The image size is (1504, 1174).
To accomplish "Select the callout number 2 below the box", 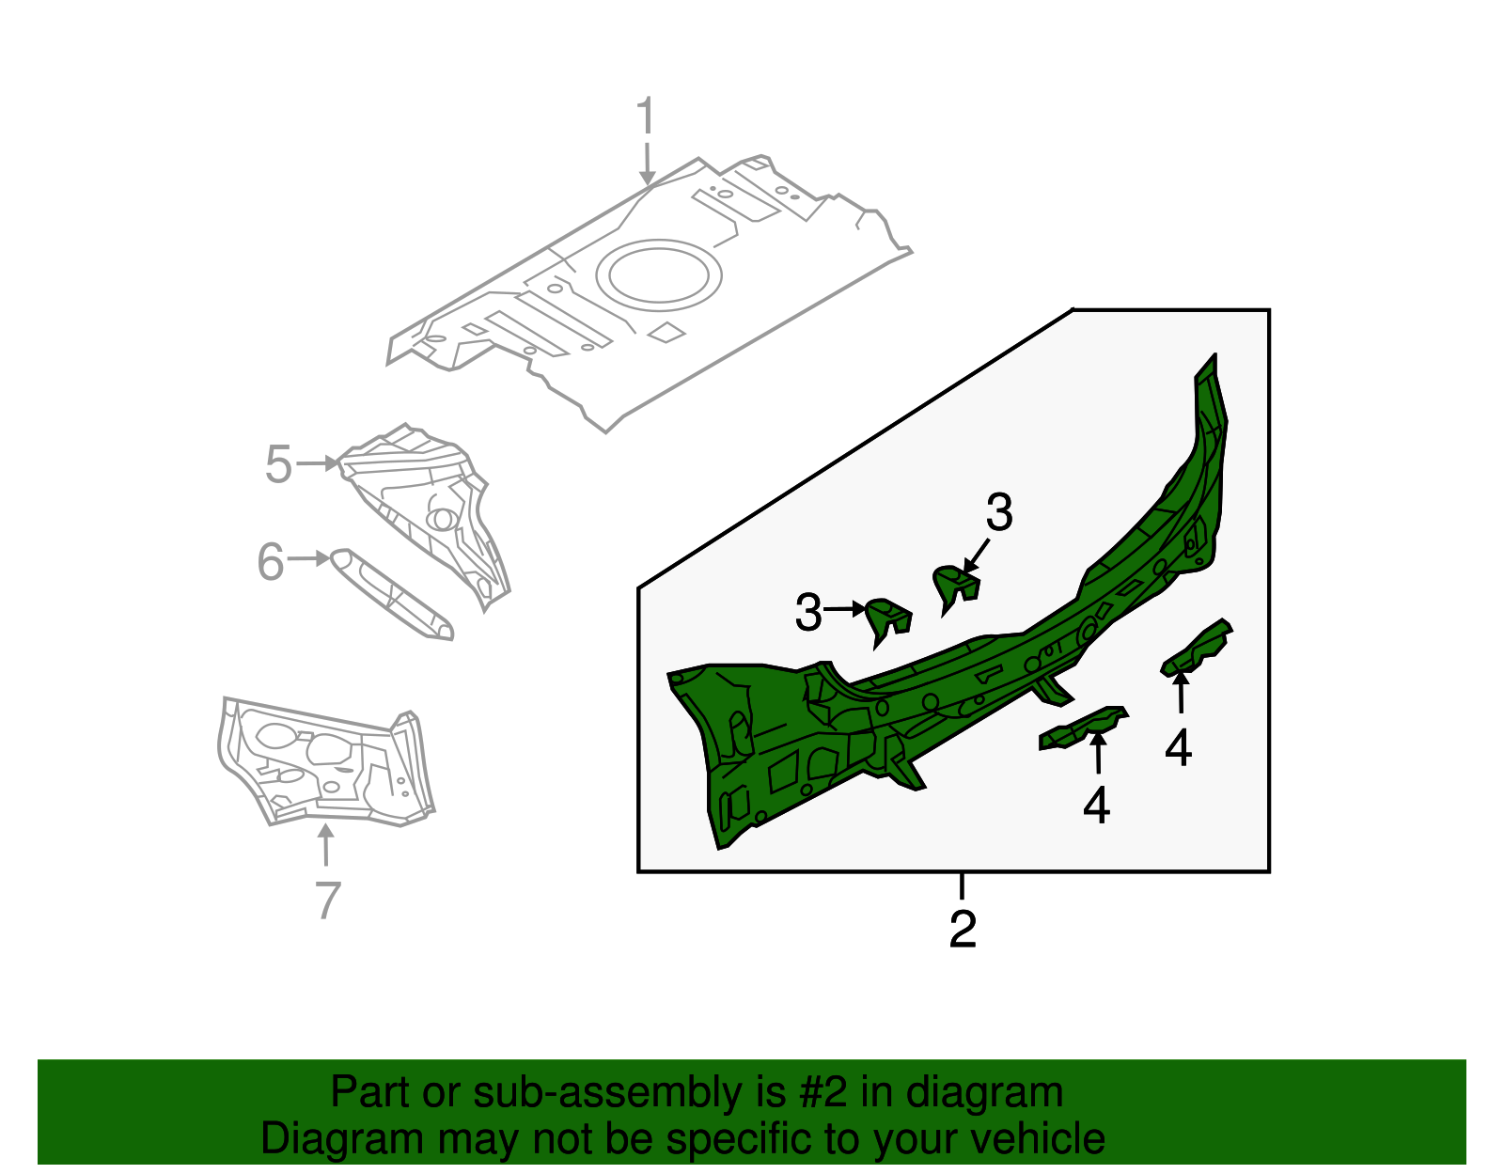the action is [963, 929].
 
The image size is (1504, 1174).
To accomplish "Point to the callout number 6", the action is [271, 561].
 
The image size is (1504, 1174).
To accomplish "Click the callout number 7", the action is [327, 900].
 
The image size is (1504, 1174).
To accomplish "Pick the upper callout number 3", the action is [999, 512].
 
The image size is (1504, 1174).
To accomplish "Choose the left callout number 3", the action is [808, 612].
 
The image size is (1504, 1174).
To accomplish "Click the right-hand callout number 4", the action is [1179, 747].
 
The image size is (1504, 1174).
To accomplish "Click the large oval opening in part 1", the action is [658, 275].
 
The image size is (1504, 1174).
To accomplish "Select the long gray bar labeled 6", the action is [392, 594].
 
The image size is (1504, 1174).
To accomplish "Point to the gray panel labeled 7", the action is [325, 761].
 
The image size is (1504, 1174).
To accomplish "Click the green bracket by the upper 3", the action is [956, 587].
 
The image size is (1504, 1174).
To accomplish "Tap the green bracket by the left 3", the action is [888, 620].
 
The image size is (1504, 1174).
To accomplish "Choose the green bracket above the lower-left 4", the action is [1083, 728].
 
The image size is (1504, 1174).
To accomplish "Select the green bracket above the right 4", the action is [1197, 648].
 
